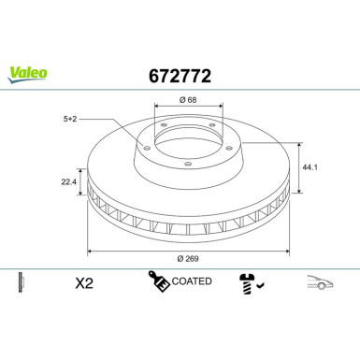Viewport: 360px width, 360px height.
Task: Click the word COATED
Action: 193,281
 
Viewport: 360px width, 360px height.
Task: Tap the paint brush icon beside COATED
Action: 157,281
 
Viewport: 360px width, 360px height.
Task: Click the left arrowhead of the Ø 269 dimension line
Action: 91,251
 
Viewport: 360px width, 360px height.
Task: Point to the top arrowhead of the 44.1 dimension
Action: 299,143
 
